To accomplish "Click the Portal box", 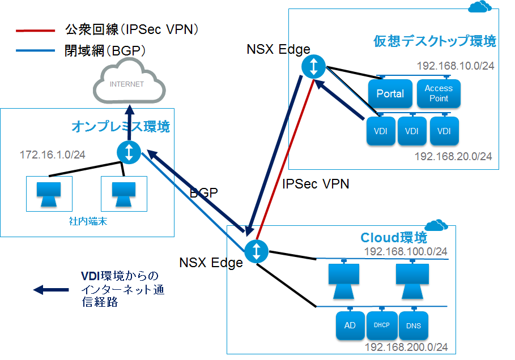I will pos(390,93).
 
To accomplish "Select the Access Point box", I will pos(439,93).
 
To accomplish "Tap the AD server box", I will pos(350,325).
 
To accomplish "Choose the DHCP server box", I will pos(382,325).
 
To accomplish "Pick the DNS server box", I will pos(414,325).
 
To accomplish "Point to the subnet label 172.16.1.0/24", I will pos(53,155).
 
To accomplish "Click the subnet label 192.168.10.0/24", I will pos(455,66).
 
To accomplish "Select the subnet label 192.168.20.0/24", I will pos(453,156).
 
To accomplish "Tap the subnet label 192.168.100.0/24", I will pos(405,251).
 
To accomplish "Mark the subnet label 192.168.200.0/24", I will pos(405,347).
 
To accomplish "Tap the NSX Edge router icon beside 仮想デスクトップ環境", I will pos(313,66).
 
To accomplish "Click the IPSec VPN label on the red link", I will pos(315,183).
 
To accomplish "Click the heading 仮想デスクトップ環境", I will pos(435,41).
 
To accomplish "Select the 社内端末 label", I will pos(84,222).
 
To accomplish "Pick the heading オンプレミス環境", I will pos(120,127).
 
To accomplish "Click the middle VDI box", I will pos(412,131).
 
